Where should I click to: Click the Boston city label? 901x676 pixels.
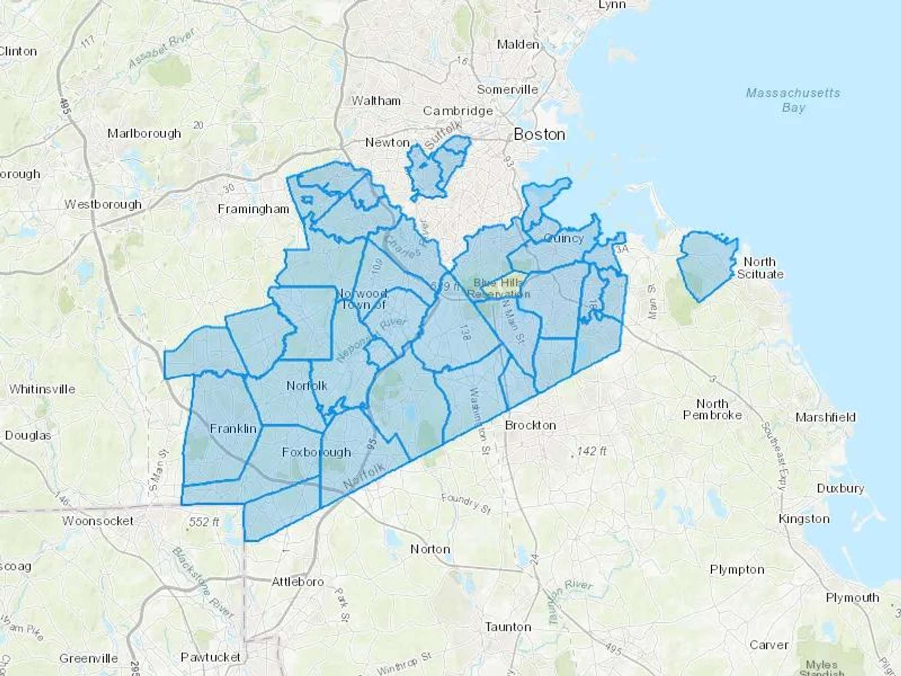[x=539, y=134]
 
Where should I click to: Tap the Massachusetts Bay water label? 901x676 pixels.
[x=793, y=100]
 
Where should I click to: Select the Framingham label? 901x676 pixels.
[x=253, y=209]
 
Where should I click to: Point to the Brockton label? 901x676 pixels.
[x=530, y=425]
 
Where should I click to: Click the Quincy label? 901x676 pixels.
[x=563, y=238]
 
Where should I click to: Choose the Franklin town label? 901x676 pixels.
[x=233, y=429]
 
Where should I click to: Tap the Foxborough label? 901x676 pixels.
[x=316, y=452]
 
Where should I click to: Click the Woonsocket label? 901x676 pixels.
[x=98, y=521]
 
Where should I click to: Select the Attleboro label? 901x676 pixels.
[x=297, y=582]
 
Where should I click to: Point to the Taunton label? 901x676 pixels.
[x=508, y=626]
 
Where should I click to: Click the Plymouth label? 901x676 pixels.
[x=852, y=597]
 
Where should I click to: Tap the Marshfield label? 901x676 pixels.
[x=825, y=417]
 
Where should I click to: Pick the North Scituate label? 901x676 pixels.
[x=760, y=268]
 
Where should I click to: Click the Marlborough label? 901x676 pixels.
[x=144, y=133]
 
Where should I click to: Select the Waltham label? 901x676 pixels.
[x=376, y=101]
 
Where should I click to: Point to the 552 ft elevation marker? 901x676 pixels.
[x=204, y=522]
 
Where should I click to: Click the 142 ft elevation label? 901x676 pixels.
[x=591, y=451]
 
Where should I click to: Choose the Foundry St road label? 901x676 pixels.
[x=466, y=504]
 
